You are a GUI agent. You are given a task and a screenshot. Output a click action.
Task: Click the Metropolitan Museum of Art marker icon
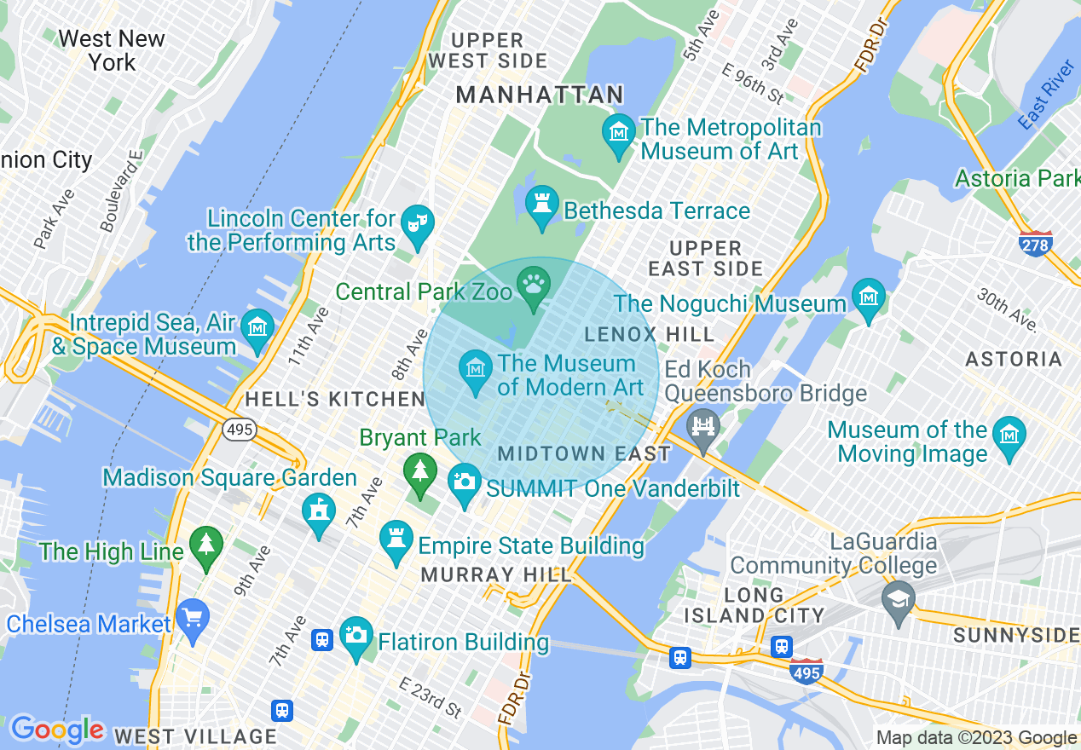pos(618,132)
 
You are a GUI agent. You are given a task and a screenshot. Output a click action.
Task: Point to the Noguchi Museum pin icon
pos(869,297)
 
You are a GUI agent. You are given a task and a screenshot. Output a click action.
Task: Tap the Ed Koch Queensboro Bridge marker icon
pos(702,425)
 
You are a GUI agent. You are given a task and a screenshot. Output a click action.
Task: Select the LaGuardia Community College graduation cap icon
pos(897,598)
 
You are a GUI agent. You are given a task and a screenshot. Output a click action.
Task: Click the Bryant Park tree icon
pos(419,470)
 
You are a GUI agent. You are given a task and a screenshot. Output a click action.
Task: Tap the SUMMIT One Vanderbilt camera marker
pos(465,482)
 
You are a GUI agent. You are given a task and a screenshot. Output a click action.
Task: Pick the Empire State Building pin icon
pos(396,539)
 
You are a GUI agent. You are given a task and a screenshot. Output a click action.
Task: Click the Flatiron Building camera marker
pos(356,635)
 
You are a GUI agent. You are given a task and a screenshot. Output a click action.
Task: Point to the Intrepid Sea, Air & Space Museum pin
pos(257,327)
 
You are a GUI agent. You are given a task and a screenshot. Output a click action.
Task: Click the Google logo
pos(56,730)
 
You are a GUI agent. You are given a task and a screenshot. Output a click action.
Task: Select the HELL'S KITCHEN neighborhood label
pos(334,399)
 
